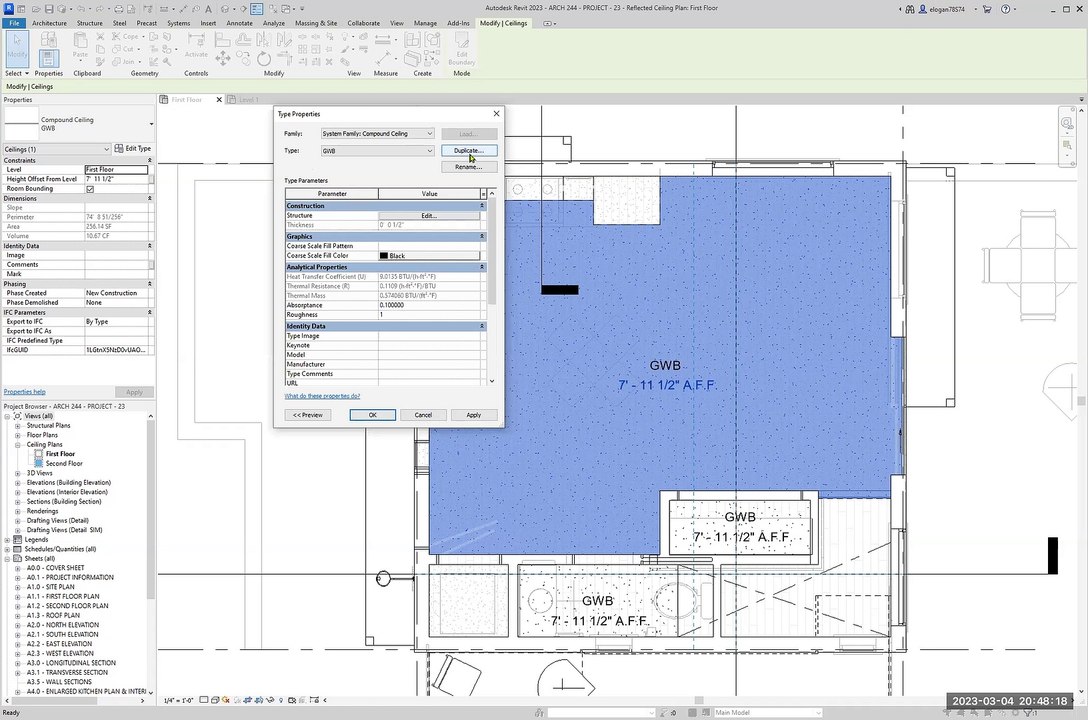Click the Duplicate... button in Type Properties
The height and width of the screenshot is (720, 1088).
click(468, 151)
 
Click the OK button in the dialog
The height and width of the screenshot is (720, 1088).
click(372, 415)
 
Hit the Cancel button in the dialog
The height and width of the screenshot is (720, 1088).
click(423, 415)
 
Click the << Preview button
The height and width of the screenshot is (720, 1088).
click(307, 415)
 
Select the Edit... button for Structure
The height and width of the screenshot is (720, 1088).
click(428, 216)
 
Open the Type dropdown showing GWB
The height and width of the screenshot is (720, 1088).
click(377, 151)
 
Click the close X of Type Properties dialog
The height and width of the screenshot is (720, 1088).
click(496, 114)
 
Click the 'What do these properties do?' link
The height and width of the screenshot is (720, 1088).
click(322, 396)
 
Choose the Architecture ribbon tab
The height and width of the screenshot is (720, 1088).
click(49, 23)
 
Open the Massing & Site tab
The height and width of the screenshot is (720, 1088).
click(315, 23)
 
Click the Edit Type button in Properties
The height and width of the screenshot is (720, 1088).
click(132, 149)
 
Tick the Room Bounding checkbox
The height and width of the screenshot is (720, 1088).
click(90, 189)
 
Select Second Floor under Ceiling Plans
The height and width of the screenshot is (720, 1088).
click(64, 464)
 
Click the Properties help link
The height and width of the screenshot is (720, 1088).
click(24, 392)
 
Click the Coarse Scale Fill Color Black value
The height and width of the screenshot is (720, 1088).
click(428, 256)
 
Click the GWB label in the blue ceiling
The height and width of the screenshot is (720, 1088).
click(665, 366)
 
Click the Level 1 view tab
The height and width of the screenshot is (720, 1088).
click(247, 100)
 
